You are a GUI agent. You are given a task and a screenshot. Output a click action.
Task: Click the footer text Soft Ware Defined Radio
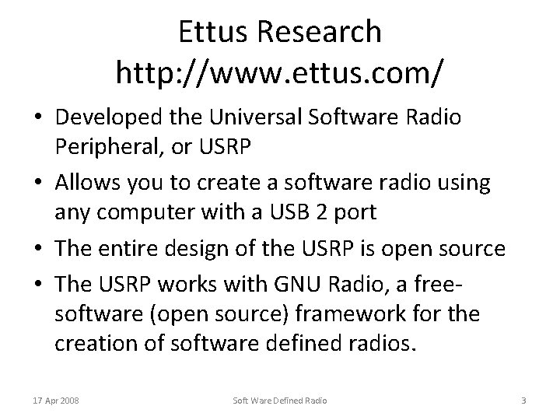pyautogui.click(x=280, y=401)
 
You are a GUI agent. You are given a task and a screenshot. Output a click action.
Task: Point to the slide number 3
pyautogui.click(x=523, y=401)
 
